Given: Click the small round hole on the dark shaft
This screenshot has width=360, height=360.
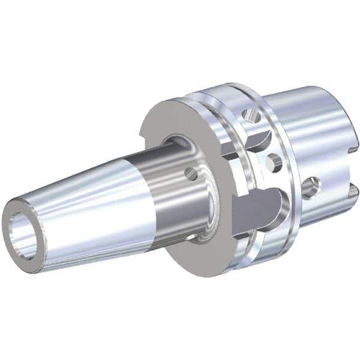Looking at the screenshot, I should (x=191, y=175).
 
